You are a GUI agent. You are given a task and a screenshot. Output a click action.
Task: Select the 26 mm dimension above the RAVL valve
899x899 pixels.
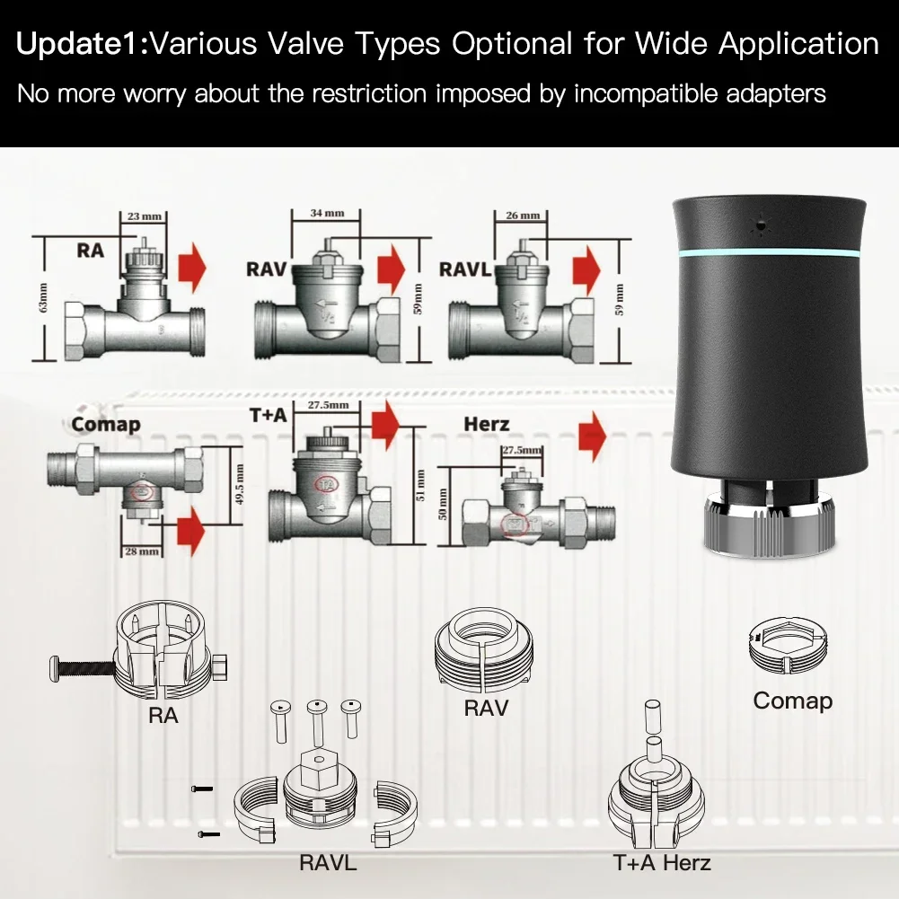click(523, 216)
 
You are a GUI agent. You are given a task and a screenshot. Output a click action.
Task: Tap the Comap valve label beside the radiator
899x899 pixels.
click(106, 424)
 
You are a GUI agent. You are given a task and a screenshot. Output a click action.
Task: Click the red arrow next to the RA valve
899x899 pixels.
click(191, 267)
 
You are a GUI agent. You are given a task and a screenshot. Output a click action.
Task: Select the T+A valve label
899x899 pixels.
click(267, 415)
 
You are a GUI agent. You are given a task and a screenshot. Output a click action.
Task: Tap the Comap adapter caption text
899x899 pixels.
click(792, 701)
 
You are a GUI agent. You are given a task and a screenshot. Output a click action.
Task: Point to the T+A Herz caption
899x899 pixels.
click(662, 863)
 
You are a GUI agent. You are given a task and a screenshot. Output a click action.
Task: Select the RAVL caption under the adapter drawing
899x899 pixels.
click(328, 863)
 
